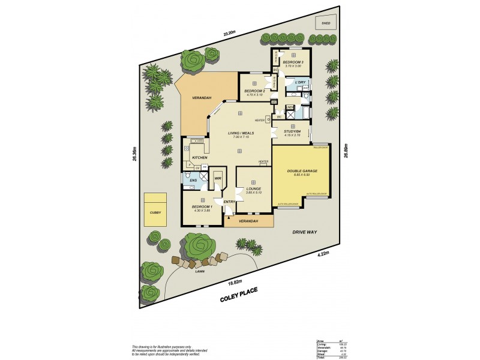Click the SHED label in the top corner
[326, 23]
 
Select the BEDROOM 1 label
[203, 206]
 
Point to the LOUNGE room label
[254, 188]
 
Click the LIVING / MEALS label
[239, 133]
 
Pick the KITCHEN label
[200, 158]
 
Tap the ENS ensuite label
[193, 180]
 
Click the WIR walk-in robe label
[218, 178]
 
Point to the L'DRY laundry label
[300, 82]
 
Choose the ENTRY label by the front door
[229, 202]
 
